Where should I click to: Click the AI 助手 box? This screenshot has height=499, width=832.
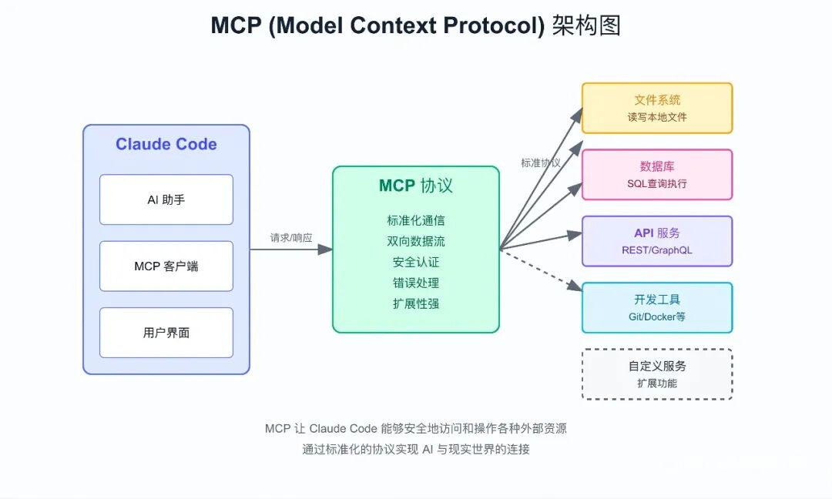[x=166, y=199]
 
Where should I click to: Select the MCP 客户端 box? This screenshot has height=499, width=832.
[x=166, y=266]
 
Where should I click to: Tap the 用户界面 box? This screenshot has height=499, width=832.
[x=166, y=333]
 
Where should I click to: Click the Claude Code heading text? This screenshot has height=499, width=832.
[x=166, y=144]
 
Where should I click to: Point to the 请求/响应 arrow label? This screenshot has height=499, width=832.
[x=291, y=238]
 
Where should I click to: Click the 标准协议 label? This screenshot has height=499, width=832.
[x=541, y=163]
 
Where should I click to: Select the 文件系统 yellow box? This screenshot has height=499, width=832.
[x=656, y=108]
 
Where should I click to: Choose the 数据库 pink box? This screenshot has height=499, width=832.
[x=656, y=175]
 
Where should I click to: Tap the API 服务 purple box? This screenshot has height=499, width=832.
[x=656, y=241]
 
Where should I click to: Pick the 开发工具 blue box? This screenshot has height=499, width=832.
[x=656, y=307]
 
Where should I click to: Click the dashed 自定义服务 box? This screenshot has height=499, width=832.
[x=656, y=374]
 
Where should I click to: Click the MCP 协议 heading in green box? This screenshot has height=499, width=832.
[x=416, y=186]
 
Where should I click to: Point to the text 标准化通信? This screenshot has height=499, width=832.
[x=416, y=220]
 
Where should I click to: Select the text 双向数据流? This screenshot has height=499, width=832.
[x=416, y=241]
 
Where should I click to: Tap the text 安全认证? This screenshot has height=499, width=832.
[x=416, y=262]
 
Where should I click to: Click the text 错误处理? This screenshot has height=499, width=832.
[x=416, y=283]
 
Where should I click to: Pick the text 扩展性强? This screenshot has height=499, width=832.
[x=416, y=303]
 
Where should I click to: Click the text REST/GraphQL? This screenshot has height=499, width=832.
[x=657, y=250]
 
